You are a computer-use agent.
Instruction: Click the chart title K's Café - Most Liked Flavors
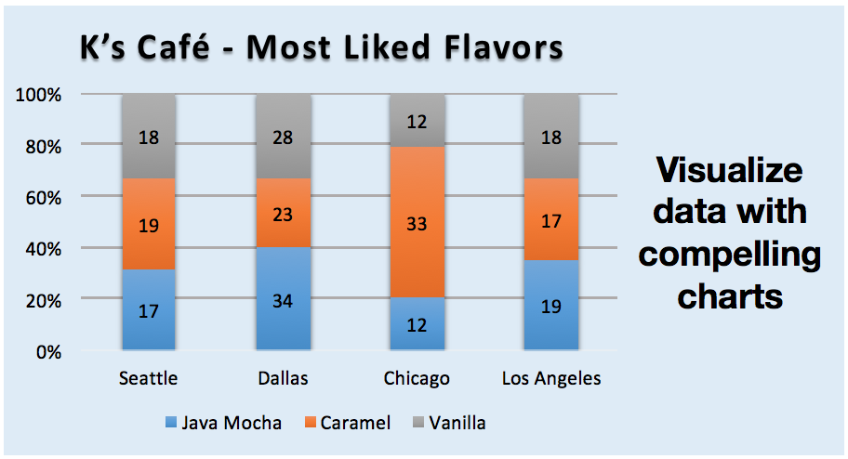point(321,47)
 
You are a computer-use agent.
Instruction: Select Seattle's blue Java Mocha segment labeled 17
point(149,310)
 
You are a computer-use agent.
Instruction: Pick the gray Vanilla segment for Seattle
point(149,137)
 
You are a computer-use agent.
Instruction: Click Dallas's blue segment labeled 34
point(283,299)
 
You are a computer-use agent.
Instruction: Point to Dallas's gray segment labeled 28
point(283,137)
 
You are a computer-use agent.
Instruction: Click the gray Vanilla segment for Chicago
point(417,121)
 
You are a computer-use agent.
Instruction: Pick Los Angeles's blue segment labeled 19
point(550,305)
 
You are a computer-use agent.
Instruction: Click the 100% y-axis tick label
point(38,95)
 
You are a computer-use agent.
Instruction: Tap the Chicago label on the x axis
point(417,378)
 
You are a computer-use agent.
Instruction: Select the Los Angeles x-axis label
point(550,378)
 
